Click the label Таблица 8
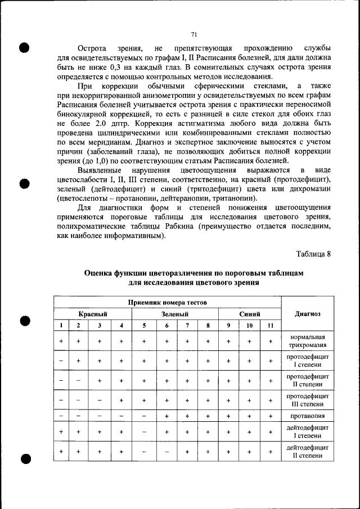pos(313,254)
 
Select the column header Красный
pos(93,314)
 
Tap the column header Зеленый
pos(174,314)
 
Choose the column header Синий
pos(249,314)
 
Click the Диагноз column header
pos(307,314)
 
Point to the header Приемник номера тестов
pos(168,303)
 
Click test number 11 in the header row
pos(270,326)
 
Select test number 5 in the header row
pos(144,326)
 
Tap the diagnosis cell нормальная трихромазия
pos(307,341)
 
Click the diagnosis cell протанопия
pos(307,416)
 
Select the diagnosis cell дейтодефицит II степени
pos(307,452)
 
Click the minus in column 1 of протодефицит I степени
pos(61,361)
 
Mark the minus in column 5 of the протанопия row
pos(144,416)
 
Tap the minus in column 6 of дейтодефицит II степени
pos(166,452)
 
